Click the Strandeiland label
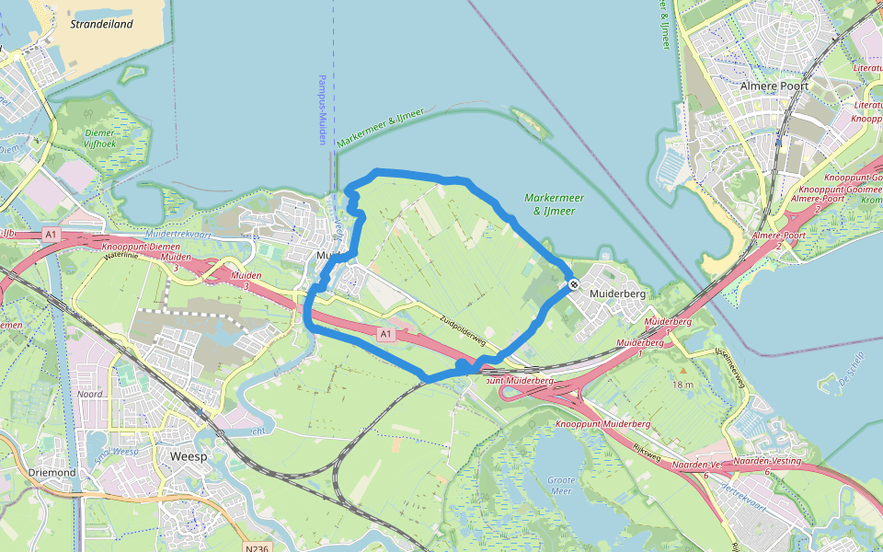[101, 24]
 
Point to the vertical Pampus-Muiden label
[322, 109]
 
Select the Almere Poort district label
[774, 86]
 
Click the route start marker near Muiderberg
[572, 284]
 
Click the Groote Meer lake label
[561, 486]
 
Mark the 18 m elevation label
[682, 384]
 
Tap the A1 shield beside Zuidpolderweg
[386, 334]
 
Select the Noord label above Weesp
[89, 394]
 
